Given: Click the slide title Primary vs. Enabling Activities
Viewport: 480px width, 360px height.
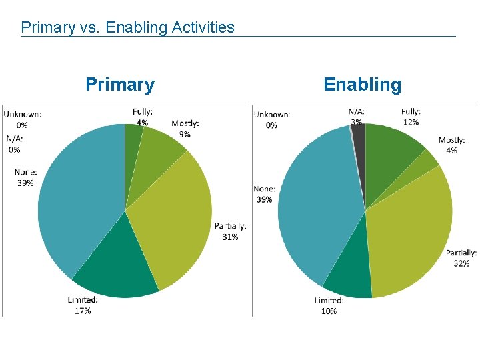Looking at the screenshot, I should [x=127, y=27].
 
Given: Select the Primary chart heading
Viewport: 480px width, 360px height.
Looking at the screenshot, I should [x=120, y=85].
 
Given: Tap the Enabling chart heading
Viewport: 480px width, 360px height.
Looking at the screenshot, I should [x=362, y=85].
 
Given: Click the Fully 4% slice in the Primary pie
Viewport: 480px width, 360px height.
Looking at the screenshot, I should [x=133, y=137].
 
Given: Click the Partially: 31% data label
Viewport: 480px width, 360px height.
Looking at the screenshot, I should [x=231, y=231].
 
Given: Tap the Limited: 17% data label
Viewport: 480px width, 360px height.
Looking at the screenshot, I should [x=83, y=305].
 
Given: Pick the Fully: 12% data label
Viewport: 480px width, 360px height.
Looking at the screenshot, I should [x=411, y=117].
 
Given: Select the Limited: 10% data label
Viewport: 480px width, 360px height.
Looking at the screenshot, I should [x=329, y=305].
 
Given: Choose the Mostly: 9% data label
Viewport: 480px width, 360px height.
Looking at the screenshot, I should [x=185, y=128].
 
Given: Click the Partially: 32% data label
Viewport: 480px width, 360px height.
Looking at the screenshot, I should [x=461, y=258].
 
